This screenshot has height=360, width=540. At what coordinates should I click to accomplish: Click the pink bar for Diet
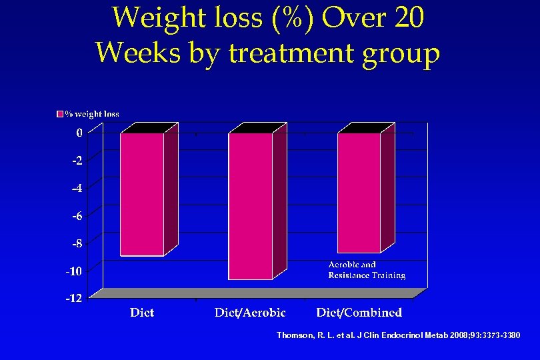pyautogui.click(x=142, y=194)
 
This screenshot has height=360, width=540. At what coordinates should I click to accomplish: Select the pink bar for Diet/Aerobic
pyautogui.click(x=250, y=206)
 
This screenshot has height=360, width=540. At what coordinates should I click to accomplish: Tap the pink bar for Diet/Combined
pyautogui.click(x=359, y=193)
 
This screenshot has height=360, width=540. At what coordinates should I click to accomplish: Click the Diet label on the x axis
pyautogui.click(x=142, y=312)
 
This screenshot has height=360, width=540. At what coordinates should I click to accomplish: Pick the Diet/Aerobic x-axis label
pyautogui.click(x=250, y=312)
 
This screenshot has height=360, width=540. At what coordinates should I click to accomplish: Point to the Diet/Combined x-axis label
pyautogui.click(x=359, y=312)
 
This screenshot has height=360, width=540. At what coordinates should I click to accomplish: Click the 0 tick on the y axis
pyautogui.click(x=79, y=133)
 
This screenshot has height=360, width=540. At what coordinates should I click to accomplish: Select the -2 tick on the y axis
pyautogui.click(x=77, y=161)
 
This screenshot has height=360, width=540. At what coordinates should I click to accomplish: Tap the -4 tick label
pyautogui.click(x=77, y=188)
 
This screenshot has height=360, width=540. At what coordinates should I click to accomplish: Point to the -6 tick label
pyautogui.click(x=77, y=216)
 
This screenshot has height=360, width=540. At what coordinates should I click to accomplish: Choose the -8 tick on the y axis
pyautogui.click(x=77, y=243)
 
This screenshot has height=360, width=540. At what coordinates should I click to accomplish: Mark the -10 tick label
pyautogui.click(x=74, y=271)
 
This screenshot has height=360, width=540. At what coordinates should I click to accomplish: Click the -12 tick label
pyautogui.click(x=74, y=298)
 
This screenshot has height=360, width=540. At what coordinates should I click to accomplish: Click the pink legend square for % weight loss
pyautogui.click(x=59, y=114)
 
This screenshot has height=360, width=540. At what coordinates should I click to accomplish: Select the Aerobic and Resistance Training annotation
pyautogui.click(x=367, y=270)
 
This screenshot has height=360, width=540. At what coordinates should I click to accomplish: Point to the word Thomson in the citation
pyautogui.click(x=295, y=335)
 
